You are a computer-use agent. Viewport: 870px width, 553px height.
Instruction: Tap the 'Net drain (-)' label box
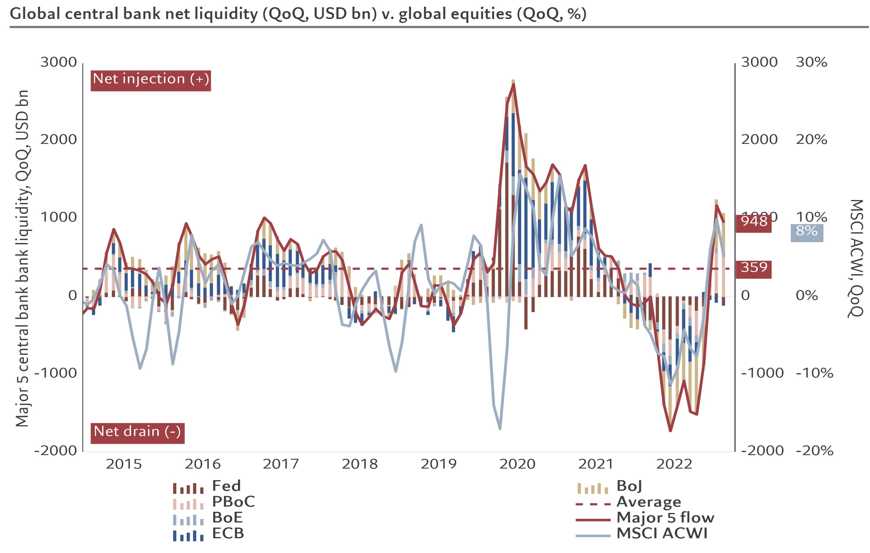[137, 433]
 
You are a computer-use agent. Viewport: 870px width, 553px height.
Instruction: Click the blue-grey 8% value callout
[806, 232]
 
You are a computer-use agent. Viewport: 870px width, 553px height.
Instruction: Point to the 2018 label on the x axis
[360, 465]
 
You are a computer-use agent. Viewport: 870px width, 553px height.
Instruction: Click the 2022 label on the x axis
[674, 465]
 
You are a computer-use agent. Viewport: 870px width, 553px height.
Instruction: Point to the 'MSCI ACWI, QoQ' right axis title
[855, 259]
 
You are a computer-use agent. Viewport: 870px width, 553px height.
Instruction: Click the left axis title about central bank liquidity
[23, 259]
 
